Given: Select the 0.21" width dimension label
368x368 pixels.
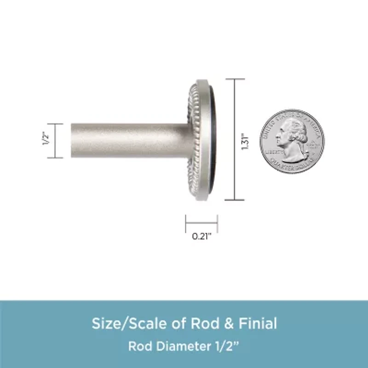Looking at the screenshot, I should [x=201, y=237].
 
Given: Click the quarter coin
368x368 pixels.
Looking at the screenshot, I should [x=292, y=141].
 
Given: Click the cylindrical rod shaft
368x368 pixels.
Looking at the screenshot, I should [x=129, y=140].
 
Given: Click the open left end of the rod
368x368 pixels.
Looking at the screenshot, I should [x=73, y=140].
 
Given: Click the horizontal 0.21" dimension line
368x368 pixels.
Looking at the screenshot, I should [x=201, y=224].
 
